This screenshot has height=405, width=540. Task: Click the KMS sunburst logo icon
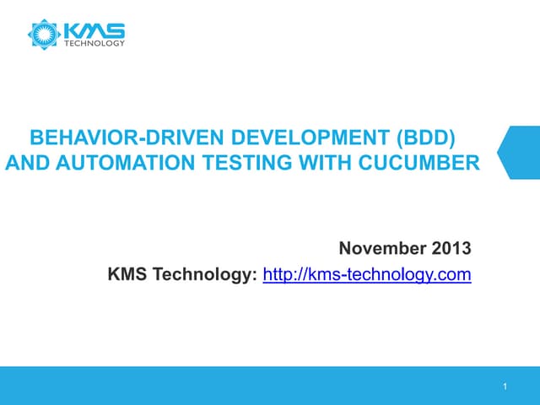(41, 34)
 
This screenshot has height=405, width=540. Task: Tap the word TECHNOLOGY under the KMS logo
(95, 44)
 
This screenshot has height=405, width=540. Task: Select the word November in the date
(382, 249)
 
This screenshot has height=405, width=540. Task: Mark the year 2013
(451, 249)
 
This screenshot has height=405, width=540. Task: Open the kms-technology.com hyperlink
(367, 274)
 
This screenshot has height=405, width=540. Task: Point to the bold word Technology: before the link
(203, 274)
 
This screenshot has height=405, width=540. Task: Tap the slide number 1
(503, 387)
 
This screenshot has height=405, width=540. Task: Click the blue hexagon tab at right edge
(520, 153)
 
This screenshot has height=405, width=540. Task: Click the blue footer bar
(253, 386)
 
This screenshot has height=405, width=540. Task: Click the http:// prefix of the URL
(285, 274)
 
